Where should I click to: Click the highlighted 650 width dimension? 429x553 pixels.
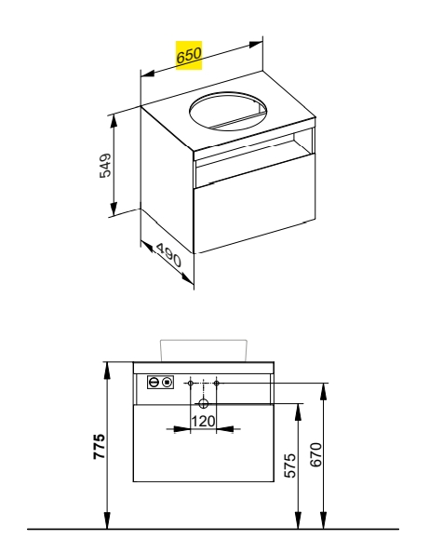[x=189, y=55]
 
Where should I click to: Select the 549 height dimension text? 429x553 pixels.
[x=105, y=165]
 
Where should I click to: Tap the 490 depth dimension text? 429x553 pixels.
[x=168, y=255]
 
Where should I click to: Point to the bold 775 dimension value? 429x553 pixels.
[x=99, y=446]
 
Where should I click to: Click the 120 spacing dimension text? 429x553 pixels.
[x=203, y=421]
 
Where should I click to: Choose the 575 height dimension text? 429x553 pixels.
[x=290, y=465]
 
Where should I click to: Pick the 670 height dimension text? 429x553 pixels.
[x=315, y=454]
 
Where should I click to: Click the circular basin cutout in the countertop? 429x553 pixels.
[x=228, y=112]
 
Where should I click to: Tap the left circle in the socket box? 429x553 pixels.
[x=154, y=382]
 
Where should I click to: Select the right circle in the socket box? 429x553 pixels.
[x=167, y=382]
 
